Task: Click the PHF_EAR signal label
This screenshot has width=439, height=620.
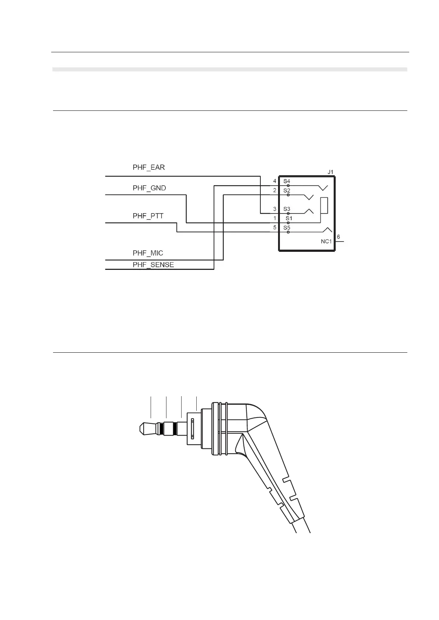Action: pos(148,168)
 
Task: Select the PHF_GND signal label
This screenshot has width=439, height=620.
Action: pos(149,188)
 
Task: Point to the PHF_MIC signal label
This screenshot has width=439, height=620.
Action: pos(148,253)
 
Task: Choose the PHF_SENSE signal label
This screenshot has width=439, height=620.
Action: pos(153,265)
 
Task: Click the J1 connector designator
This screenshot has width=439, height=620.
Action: pos(330,172)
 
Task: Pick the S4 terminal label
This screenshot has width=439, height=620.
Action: pos(287,181)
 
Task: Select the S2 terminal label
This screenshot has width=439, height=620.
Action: pos(287,190)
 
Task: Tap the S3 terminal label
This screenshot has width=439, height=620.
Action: pos(287,209)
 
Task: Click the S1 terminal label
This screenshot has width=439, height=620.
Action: pos(289,218)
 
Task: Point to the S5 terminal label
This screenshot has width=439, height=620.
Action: pos(287,228)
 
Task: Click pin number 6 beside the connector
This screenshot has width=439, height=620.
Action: pos(338,237)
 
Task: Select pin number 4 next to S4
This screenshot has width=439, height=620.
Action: pos(275,181)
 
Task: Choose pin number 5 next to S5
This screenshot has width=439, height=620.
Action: pos(275,228)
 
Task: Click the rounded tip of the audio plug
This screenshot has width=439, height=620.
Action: pos(141,429)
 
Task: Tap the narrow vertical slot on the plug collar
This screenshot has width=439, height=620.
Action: pos(192,429)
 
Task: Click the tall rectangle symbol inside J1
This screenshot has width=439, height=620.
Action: pos(324,205)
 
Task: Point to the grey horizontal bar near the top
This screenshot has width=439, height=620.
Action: pos(230,69)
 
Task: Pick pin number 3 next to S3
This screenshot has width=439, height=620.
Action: pos(275,209)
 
